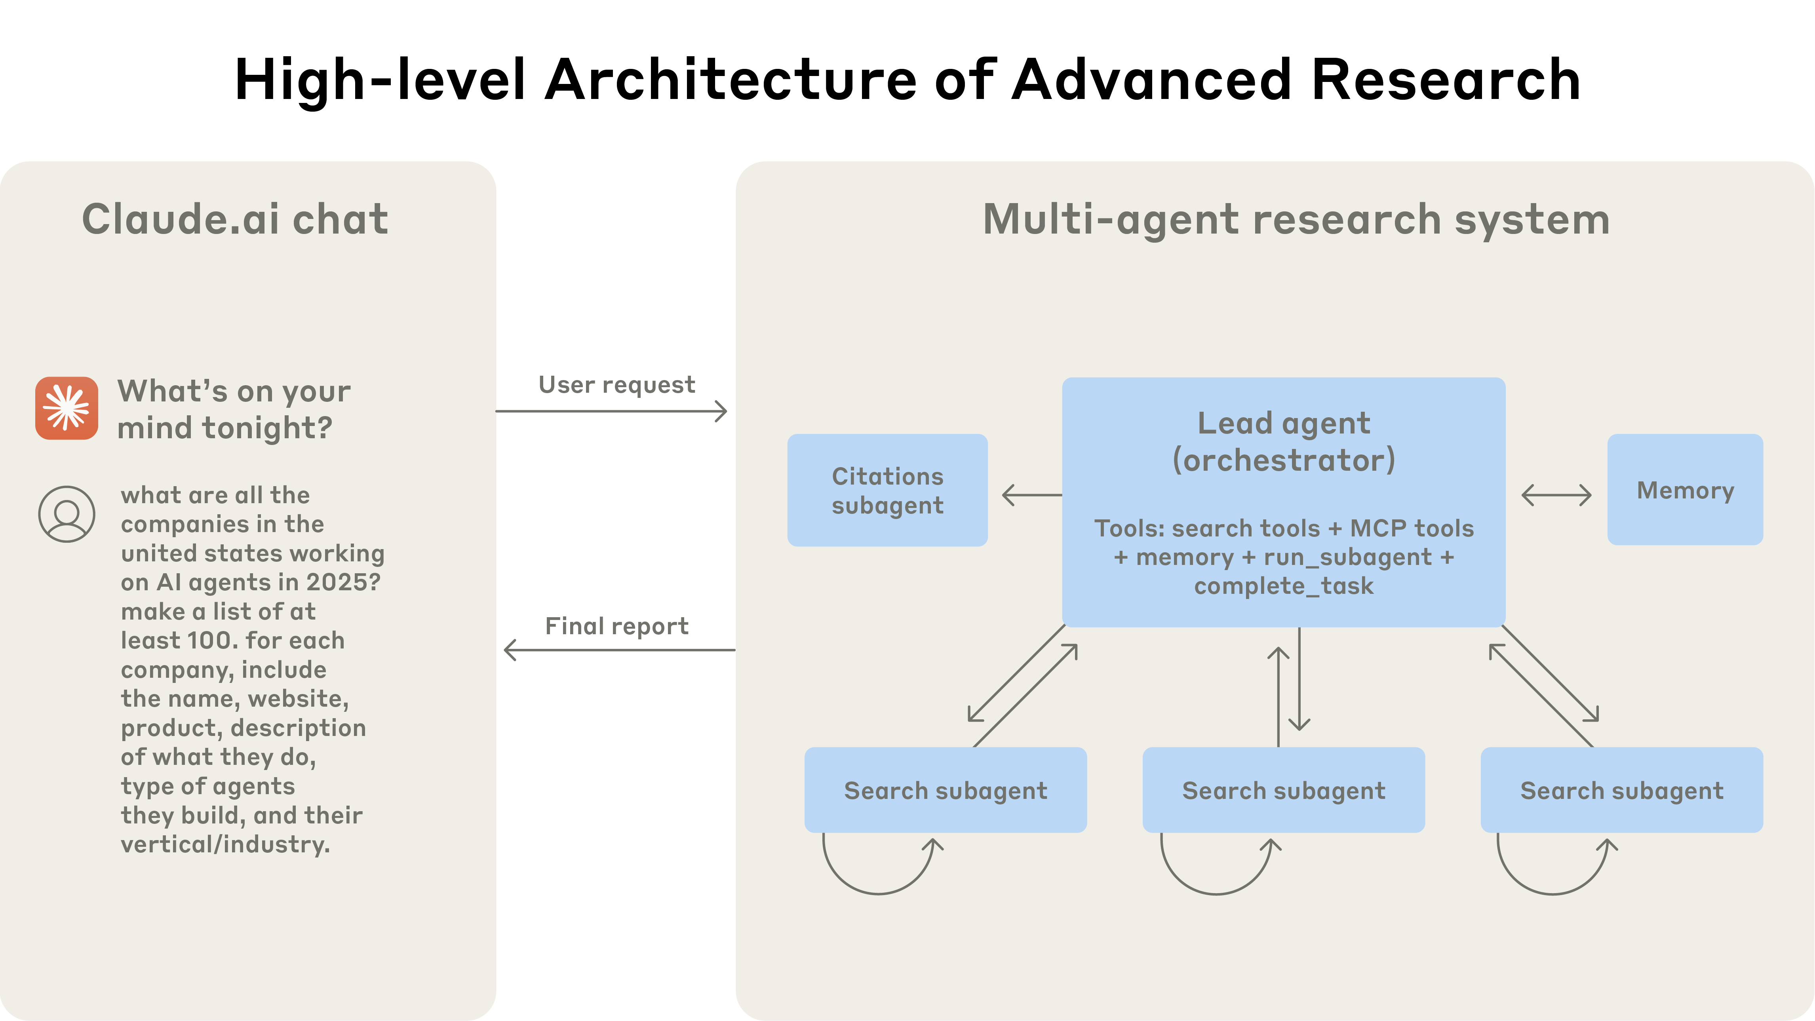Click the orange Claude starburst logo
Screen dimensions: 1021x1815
[x=67, y=408]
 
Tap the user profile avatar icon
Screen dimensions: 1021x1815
[x=67, y=514]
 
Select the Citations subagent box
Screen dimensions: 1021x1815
[x=887, y=491]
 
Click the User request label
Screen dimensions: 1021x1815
[x=616, y=385]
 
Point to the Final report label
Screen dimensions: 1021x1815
[x=616, y=626]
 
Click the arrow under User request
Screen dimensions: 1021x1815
[x=612, y=411]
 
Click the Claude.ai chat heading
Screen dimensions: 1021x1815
[x=235, y=219]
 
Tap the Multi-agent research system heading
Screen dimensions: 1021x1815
[x=1296, y=219]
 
